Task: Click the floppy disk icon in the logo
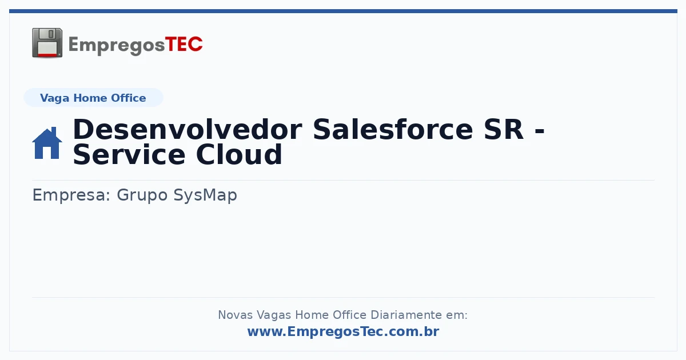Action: (47, 43)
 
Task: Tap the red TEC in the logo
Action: (184, 45)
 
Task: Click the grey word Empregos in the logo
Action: (117, 46)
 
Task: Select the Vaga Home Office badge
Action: (93, 98)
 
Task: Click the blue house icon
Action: (47, 143)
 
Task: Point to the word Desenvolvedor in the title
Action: (188, 130)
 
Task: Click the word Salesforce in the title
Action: (393, 130)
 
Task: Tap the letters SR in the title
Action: (504, 130)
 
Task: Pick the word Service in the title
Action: (129, 155)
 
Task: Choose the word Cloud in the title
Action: (239, 155)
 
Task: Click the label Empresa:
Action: (71, 195)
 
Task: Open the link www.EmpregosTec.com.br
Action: (344, 331)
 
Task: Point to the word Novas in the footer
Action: (236, 315)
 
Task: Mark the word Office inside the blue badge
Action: (128, 98)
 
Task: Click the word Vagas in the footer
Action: (274, 315)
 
